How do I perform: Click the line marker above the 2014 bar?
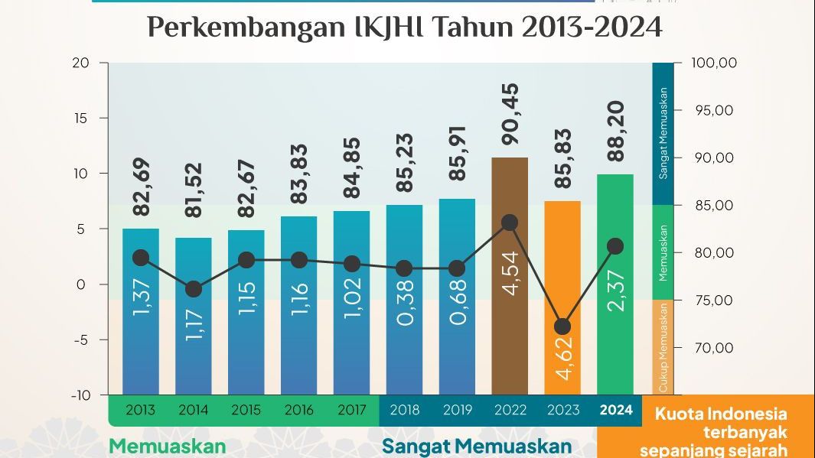tap(194, 289)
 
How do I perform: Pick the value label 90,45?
tap(510, 114)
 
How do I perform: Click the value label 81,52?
tap(194, 190)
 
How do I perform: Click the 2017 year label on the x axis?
tap(351, 411)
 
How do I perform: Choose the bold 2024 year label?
tap(616, 411)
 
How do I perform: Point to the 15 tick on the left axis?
tap(81, 119)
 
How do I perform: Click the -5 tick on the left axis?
tap(80, 340)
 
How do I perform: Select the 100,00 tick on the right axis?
tap(713, 63)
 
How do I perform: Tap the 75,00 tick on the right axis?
tap(713, 300)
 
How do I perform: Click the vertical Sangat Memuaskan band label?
tap(663, 135)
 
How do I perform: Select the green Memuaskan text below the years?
tap(167, 446)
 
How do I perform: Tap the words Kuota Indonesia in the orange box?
tap(721, 414)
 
